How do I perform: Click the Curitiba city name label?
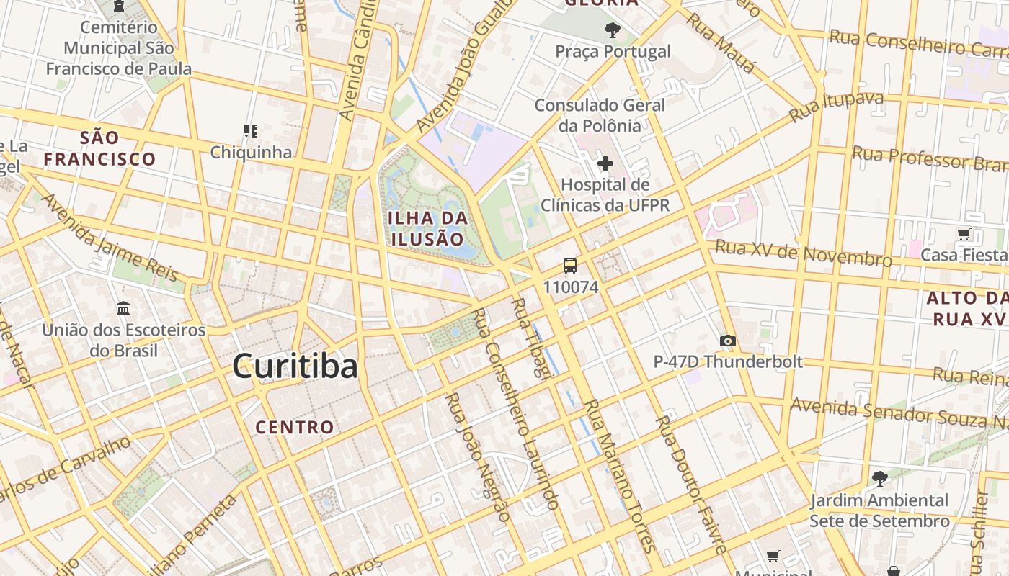pyautogui.click(x=295, y=366)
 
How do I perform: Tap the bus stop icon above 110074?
pyautogui.click(x=570, y=266)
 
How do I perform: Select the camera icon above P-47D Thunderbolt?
pyautogui.click(x=728, y=341)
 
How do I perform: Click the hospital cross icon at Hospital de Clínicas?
pyautogui.click(x=605, y=164)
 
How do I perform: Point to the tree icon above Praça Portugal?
pyautogui.click(x=613, y=30)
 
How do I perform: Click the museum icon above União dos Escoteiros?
pyautogui.click(x=123, y=308)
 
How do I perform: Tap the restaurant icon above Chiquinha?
pyautogui.click(x=251, y=131)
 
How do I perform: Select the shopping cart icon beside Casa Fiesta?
pyautogui.click(x=964, y=234)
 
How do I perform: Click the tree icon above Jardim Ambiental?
pyautogui.click(x=879, y=478)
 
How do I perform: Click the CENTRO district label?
pyautogui.click(x=295, y=427)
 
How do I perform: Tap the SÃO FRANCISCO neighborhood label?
pyautogui.click(x=99, y=148)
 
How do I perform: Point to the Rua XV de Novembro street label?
pyautogui.click(x=804, y=253)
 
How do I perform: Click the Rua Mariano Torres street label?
pyautogui.click(x=611, y=475)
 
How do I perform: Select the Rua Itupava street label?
pyautogui.click(x=836, y=107)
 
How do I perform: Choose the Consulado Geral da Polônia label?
pyautogui.click(x=600, y=115)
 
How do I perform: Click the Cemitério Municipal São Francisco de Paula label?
pyautogui.click(x=119, y=48)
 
